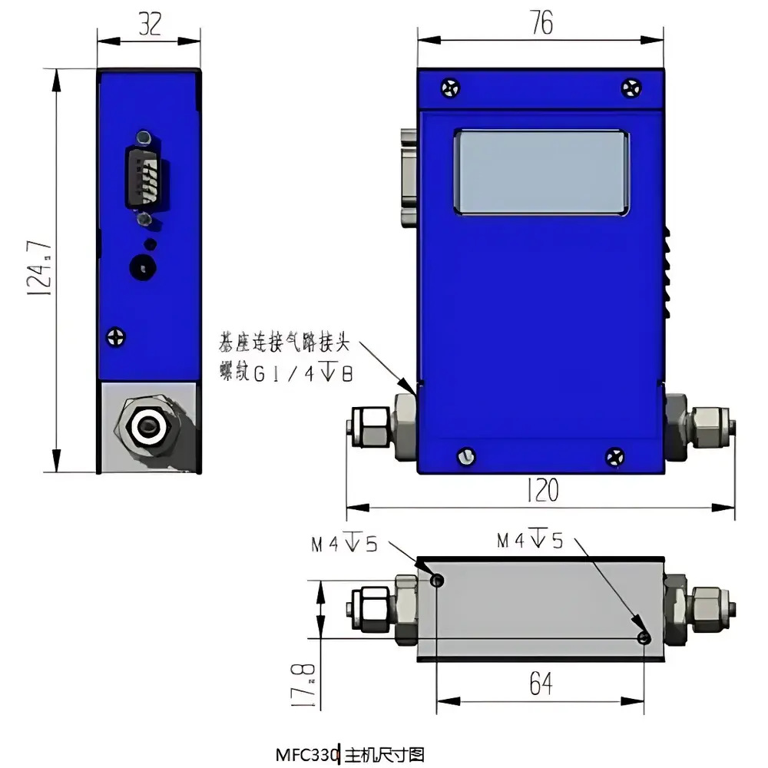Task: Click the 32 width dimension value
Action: (x=150, y=25)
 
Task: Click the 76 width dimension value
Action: (x=541, y=24)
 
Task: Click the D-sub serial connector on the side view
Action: (x=146, y=177)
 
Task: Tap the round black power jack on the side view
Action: (x=143, y=266)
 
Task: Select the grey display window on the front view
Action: (x=542, y=172)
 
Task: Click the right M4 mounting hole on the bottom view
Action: (x=644, y=638)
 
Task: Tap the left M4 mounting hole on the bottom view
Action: (x=436, y=581)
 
